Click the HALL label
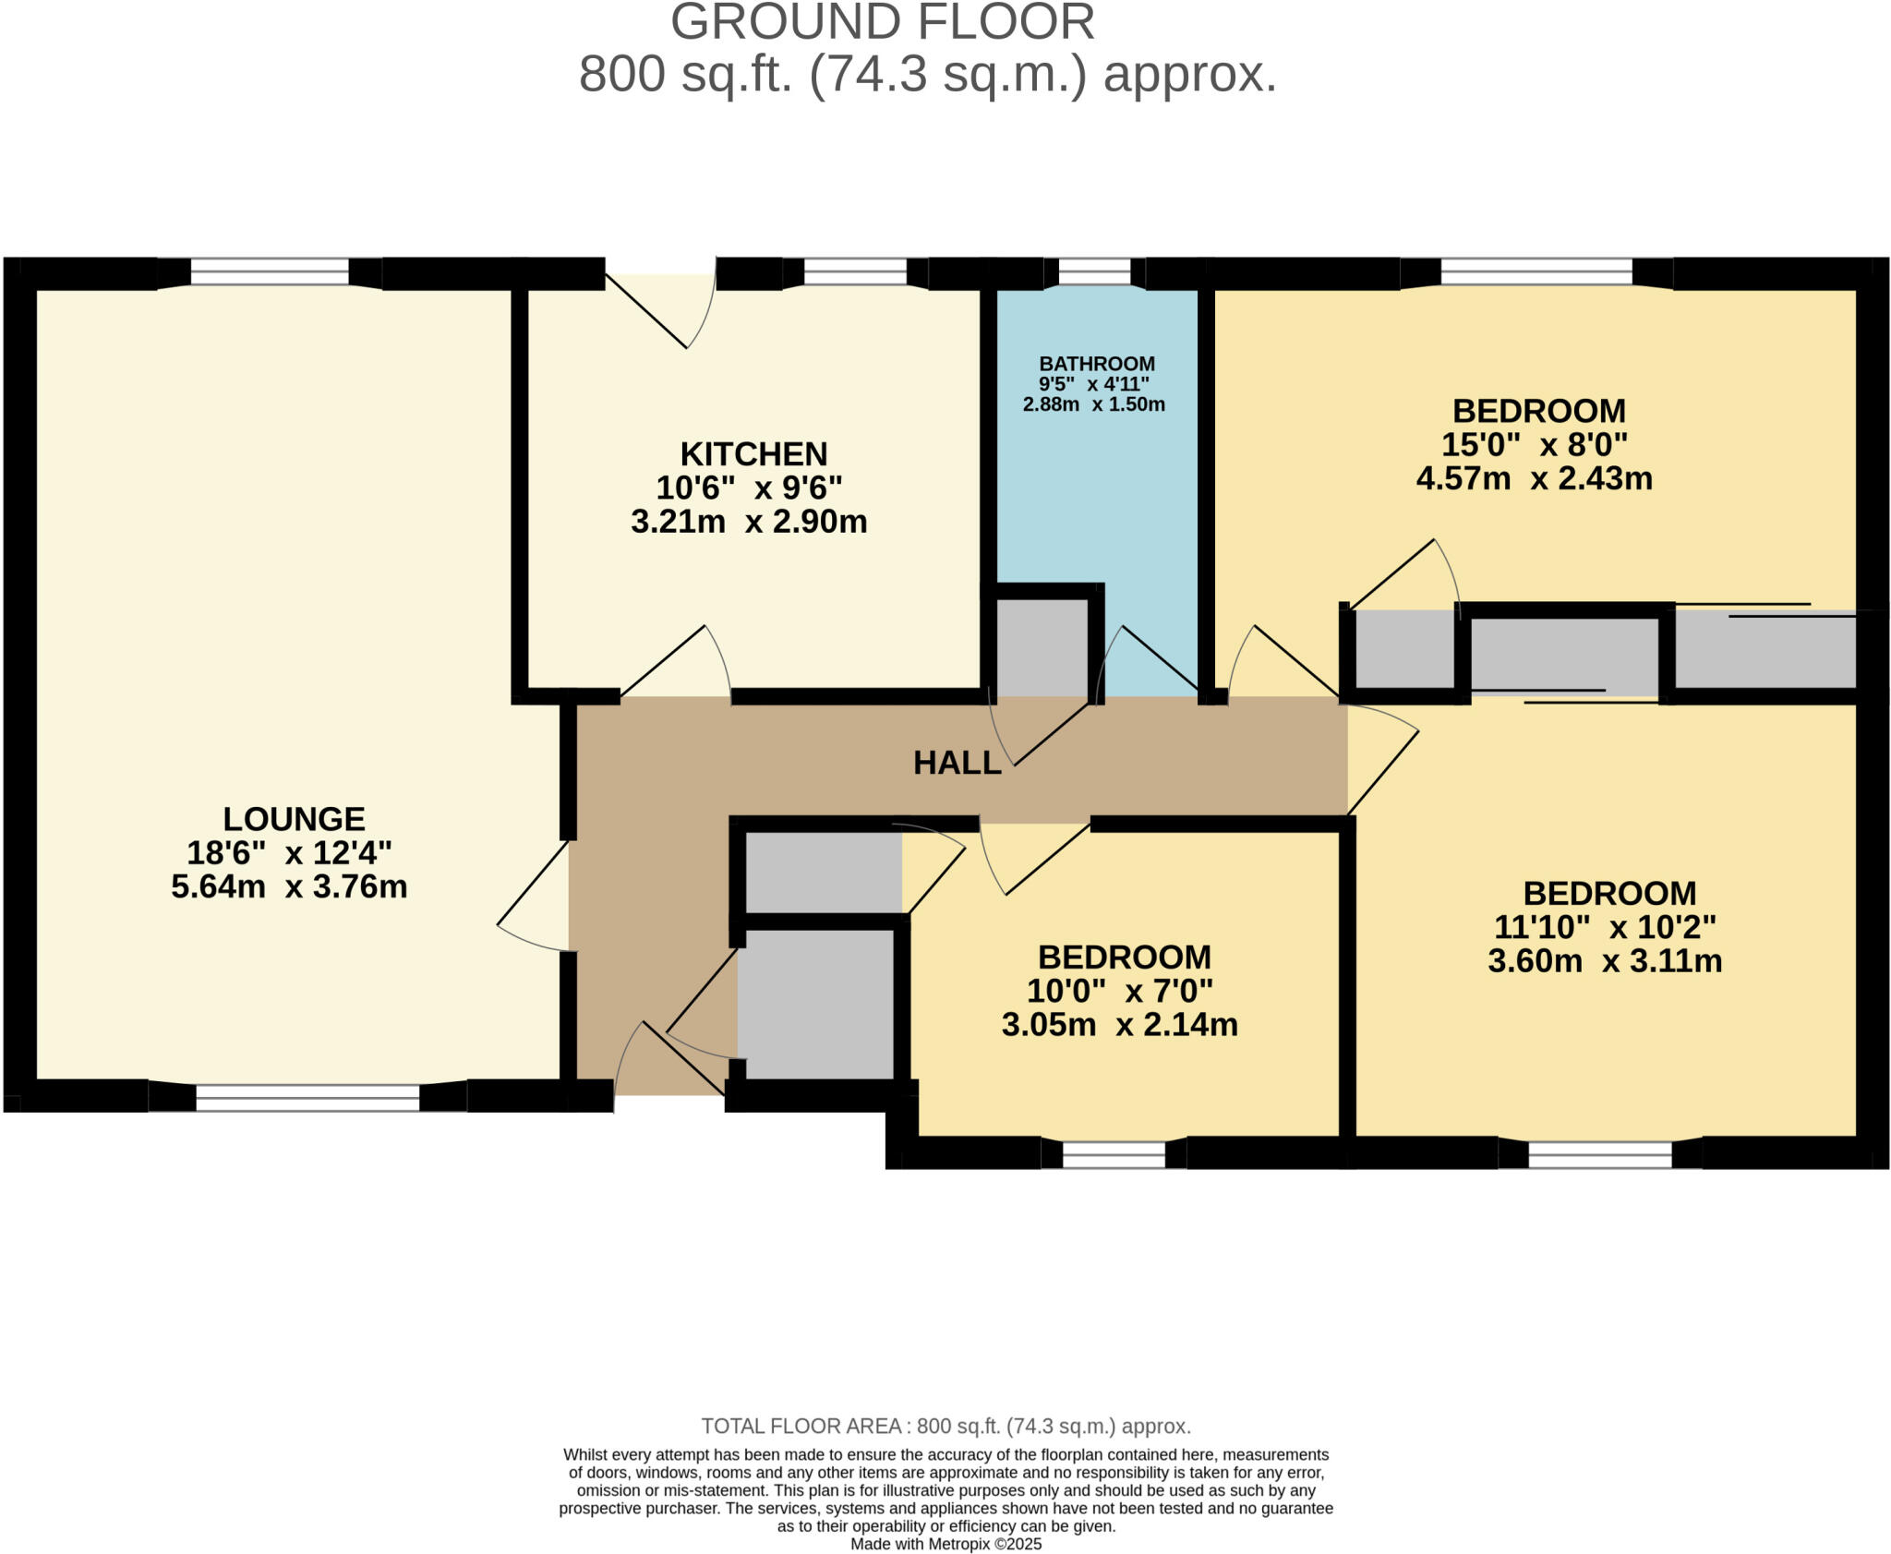957,763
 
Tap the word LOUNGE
294,819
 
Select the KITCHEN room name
753,454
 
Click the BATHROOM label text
1096,364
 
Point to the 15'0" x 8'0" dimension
1534,445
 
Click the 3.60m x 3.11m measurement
1604,961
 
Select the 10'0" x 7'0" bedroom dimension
1119,992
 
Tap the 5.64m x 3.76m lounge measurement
289,887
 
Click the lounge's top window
270,272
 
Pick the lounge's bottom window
307,1098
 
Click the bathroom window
1094,272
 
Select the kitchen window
855,272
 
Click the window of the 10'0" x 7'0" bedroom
1114,1155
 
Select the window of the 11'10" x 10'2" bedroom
1599,1155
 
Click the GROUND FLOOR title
882,22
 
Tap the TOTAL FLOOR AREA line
945,1427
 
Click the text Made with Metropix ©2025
945,1544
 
